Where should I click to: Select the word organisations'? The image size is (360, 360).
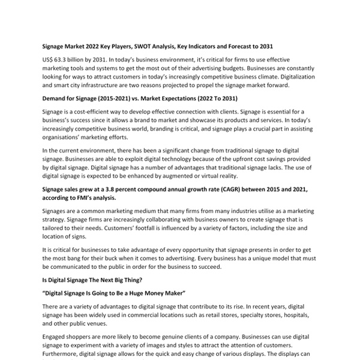[x=66, y=137]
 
